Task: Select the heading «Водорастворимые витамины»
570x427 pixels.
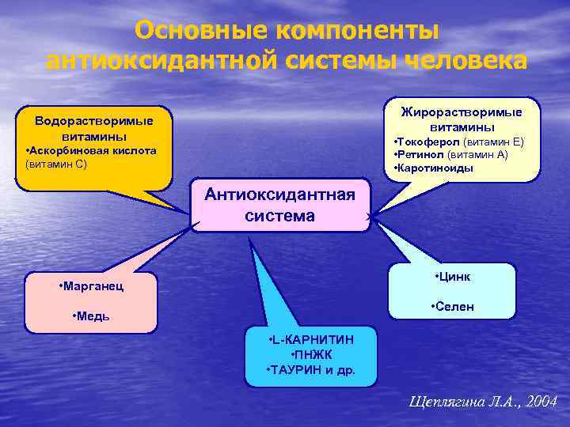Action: [x=93, y=128]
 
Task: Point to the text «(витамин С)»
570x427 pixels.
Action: [x=56, y=164]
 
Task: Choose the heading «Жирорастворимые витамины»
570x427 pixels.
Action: [x=462, y=119]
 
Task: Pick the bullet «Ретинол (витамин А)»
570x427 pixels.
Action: [x=451, y=155]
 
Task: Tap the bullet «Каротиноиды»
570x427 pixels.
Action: [x=434, y=168]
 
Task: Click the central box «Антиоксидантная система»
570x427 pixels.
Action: [x=280, y=205]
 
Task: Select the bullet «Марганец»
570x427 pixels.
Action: [x=91, y=285]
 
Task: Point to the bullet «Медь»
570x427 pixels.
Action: [x=90, y=316]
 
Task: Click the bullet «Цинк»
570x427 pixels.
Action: [x=453, y=277]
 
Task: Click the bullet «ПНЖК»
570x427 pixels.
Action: [x=311, y=354]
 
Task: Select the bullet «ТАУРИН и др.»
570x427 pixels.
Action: [x=311, y=369]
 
